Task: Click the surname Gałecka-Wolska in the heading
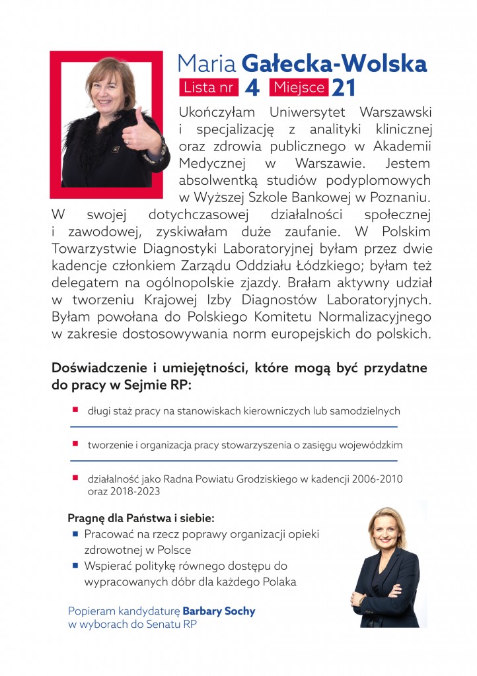(335, 63)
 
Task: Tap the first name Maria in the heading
(207, 63)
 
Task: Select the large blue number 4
(252, 87)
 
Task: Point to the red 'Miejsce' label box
(299, 87)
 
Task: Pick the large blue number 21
(345, 87)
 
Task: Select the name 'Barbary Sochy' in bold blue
(219, 611)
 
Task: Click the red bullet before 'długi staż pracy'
(75, 410)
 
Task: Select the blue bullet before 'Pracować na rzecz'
(75, 533)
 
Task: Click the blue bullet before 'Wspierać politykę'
(75, 566)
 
